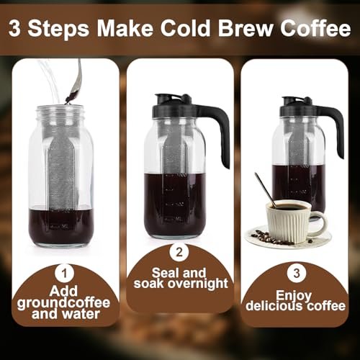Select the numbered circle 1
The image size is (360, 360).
66,272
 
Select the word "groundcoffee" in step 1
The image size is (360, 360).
66,302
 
